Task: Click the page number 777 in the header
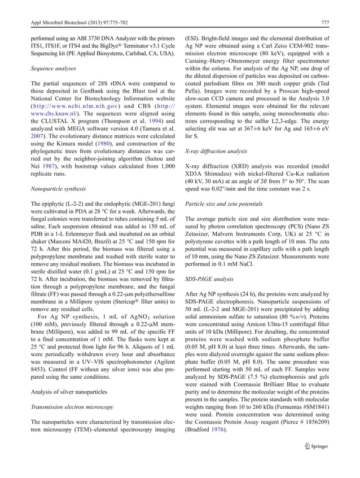click(326, 23)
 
